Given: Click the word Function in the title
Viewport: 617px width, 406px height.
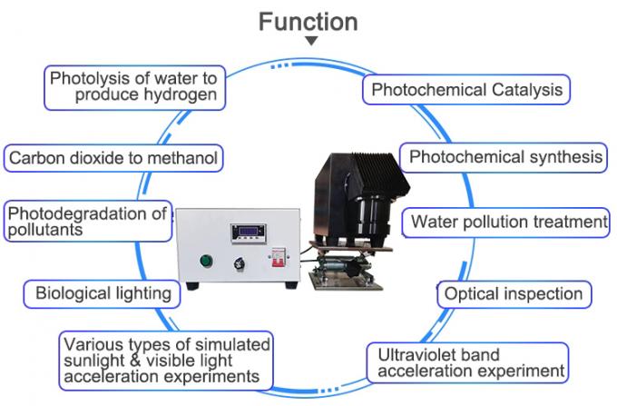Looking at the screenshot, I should click(x=308, y=21).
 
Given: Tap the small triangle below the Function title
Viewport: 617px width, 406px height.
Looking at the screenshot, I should click(x=311, y=41).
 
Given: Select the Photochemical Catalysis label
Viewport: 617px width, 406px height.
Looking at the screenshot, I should click(x=466, y=90).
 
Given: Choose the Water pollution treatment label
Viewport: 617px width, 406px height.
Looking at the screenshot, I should click(x=507, y=222).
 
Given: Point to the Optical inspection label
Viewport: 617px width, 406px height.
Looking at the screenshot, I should click(x=513, y=294).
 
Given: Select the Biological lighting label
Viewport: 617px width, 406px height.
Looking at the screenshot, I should click(x=103, y=293).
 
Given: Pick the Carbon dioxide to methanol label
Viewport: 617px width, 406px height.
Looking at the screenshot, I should click(x=113, y=158).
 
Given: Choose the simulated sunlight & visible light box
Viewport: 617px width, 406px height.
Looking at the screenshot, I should click(x=166, y=360).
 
